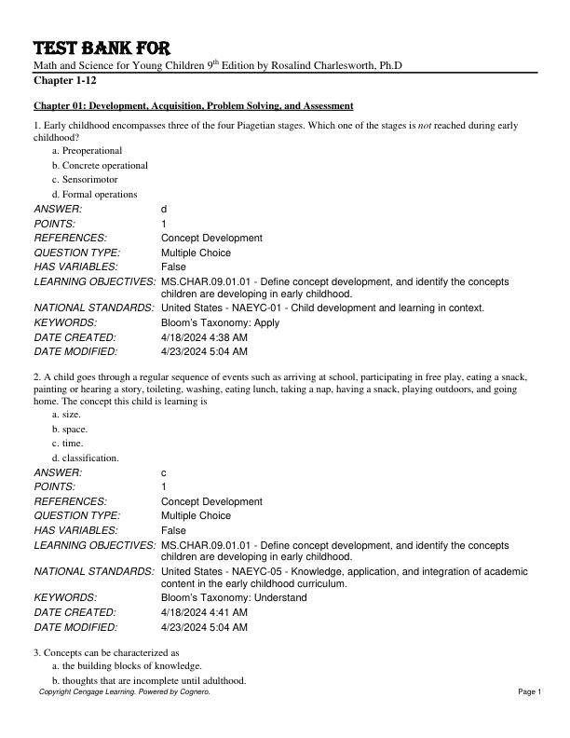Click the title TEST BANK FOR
tap(102, 48)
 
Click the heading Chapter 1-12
tap(65, 81)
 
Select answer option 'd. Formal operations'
tap(94, 194)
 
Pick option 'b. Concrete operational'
tap(100, 165)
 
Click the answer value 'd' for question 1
tap(164, 210)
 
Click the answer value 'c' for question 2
tap(164, 473)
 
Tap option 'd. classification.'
tap(85, 458)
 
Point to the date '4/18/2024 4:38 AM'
tap(204, 337)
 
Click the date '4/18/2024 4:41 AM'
tap(204, 613)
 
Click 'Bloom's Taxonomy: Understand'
tap(234, 598)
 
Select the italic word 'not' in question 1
tap(500, 125)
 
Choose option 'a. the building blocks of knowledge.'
tap(127, 666)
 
